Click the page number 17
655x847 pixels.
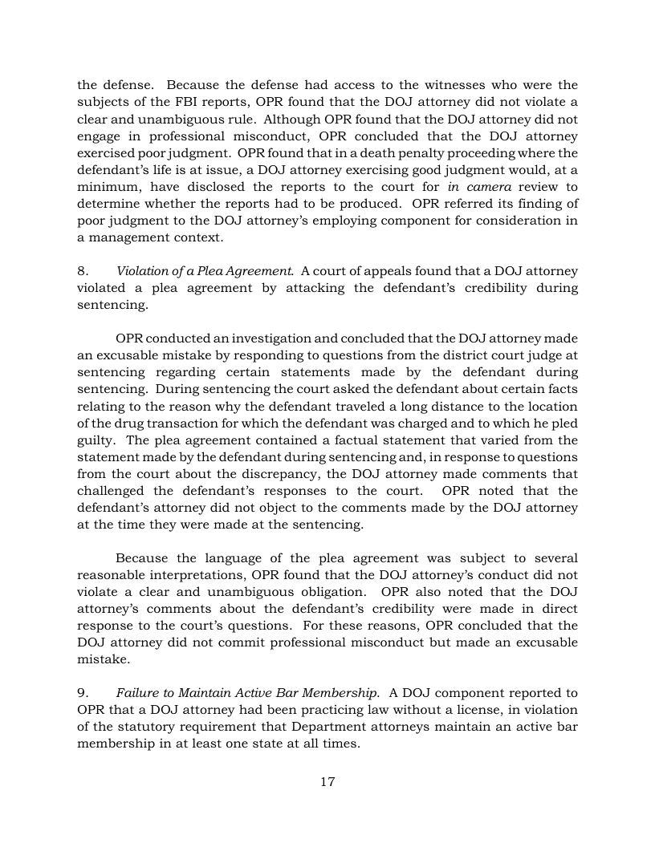(327, 782)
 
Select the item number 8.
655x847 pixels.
(82, 271)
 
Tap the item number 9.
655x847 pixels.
(82, 692)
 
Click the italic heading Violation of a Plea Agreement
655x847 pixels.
(205, 271)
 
